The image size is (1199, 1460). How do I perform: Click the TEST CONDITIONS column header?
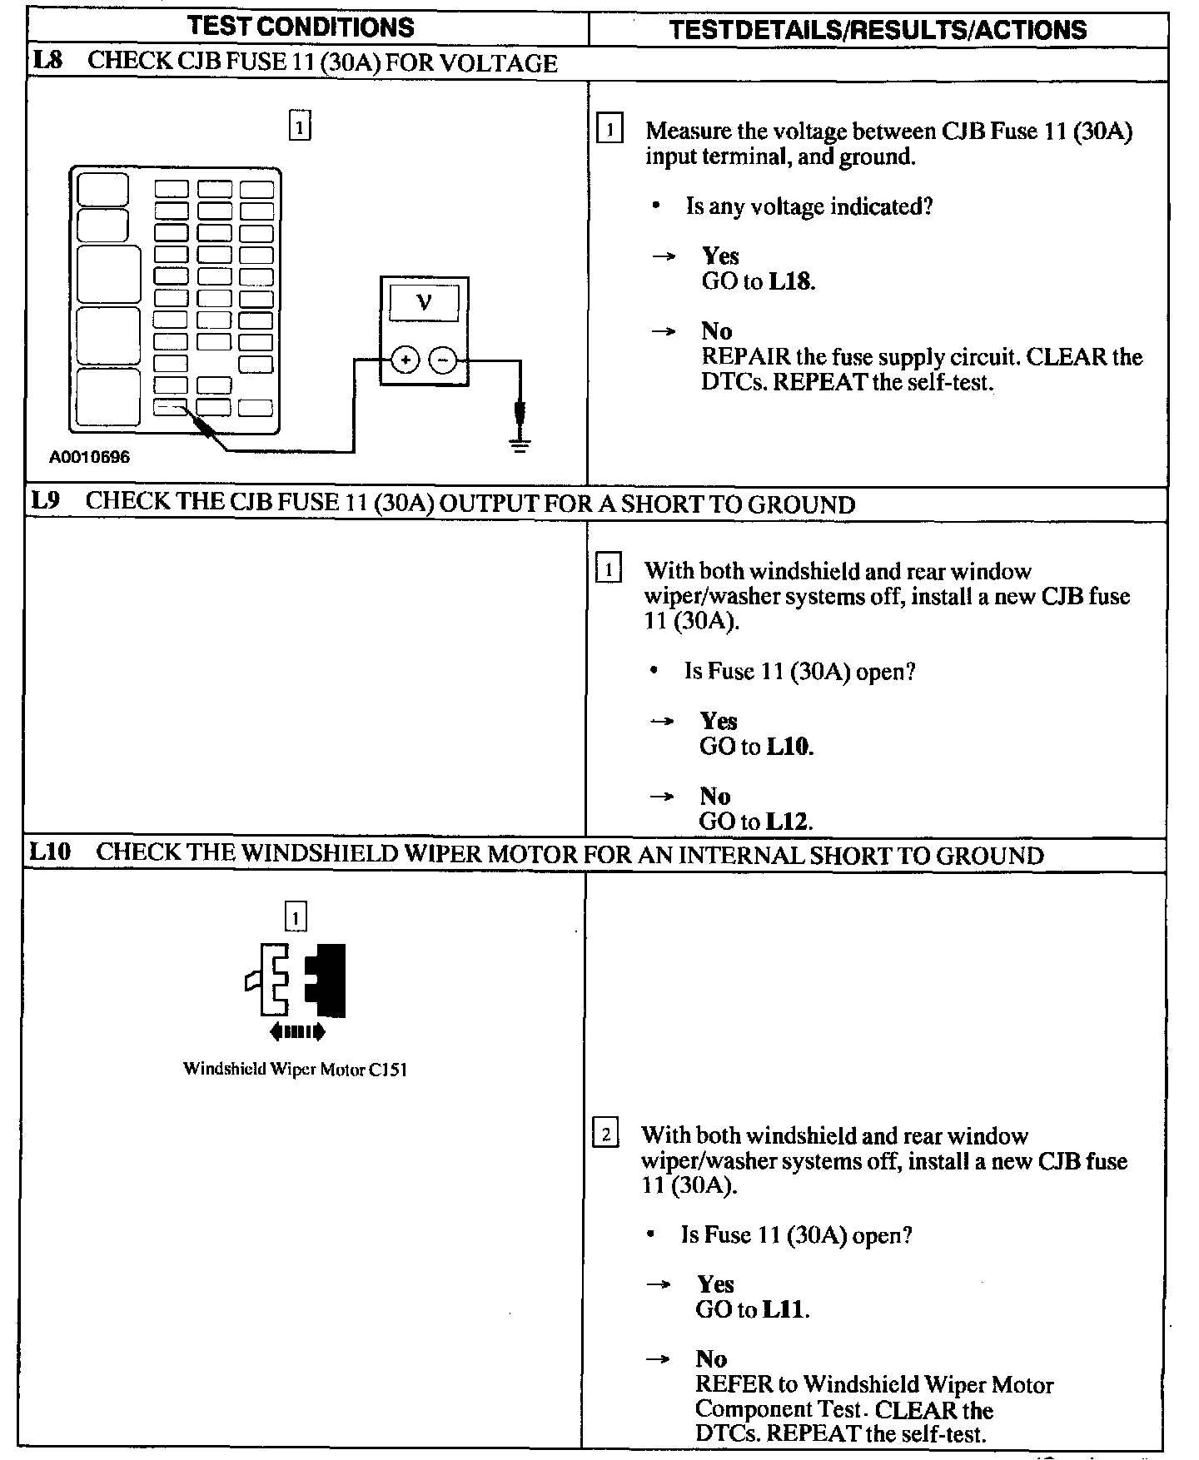pos(301,27)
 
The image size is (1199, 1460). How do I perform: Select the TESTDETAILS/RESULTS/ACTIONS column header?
pos(878,30)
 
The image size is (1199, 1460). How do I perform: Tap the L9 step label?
pos(47,502)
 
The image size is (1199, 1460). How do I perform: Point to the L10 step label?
pos(51,853)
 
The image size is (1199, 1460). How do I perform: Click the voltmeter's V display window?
pos(424,302)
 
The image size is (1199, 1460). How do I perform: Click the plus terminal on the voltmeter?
pos(405,360)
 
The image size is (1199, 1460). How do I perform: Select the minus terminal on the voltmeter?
pos(443,360)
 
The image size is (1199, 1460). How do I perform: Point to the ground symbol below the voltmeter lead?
pos(520,444)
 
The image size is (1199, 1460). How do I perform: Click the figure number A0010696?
pos(89,457)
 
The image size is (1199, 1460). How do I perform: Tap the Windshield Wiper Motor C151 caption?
pos(295,1070)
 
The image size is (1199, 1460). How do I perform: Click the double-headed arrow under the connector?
pos(297,1033)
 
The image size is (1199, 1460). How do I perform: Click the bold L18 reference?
pos(790,281)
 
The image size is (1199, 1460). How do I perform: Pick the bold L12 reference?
pos(787,822)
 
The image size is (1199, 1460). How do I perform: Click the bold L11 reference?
pos(784,1309)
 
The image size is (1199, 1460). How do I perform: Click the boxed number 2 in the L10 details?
pos(605,1135)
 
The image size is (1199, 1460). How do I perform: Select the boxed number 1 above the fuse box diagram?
pos(300,127)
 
